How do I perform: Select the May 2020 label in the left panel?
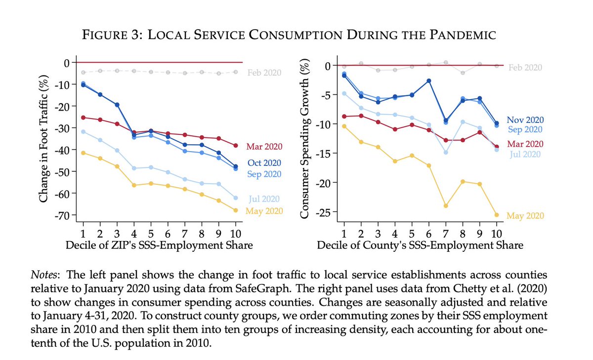tap(265, 211)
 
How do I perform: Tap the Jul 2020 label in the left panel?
tap(265, 199)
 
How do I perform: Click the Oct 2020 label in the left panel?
tap(264, 162)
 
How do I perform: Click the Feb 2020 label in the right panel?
tap(525, 68)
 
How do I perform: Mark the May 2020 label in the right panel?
tap(525, 216)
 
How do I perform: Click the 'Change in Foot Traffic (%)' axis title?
tap(44, 138)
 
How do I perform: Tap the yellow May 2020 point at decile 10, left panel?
tap(235, 210)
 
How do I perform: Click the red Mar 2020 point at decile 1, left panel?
tap(83, 118)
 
